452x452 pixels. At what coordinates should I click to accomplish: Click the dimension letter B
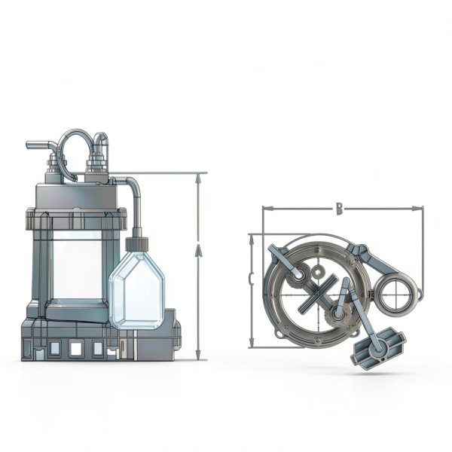[339, 209]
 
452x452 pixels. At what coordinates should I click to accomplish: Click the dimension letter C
[251, 279]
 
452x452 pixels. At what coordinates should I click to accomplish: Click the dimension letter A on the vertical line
[199, 251]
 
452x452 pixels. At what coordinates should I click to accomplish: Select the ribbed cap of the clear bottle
[136, 243]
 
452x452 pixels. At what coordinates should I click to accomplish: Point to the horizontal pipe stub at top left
[38, 144]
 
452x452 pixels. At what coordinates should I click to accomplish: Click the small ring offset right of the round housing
[394, 294]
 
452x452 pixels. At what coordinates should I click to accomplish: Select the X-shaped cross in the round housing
[318, 295]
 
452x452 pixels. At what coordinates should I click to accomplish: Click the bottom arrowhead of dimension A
[199, 356]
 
